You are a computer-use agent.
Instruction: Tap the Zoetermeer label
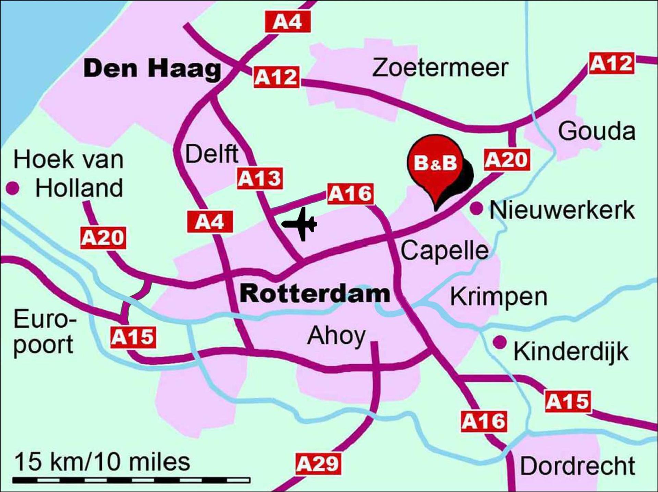tap(440, 68)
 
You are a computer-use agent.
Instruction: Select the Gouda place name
tap(597, 131)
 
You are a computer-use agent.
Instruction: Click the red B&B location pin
tap(436, 163)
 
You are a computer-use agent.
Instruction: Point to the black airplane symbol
tap(300, 224)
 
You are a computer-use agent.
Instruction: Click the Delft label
tap(211, 154)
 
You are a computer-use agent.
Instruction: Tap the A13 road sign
tap(260, 178)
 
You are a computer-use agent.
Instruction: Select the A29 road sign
tap(318, 464)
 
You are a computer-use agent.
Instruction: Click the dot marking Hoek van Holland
tap(13, 188)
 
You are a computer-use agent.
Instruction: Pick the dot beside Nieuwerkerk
tap(476, 208)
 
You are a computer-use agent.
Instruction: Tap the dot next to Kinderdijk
tap(500, 342)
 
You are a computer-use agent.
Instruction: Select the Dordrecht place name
tap(578, 466)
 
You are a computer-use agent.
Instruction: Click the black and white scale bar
tap(131, 480)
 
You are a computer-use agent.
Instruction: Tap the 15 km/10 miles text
tap(102, 462)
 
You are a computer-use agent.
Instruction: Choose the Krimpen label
tap(499, 297)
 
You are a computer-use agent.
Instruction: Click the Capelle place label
tap(444, 250)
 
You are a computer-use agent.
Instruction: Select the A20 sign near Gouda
tap(507, 160)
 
